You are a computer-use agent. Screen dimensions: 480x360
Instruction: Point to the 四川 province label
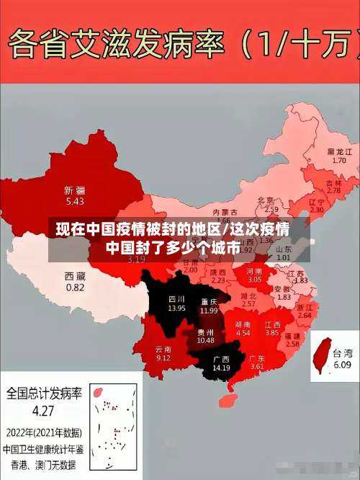click(177, 298)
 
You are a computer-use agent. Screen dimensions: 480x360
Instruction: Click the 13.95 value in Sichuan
click(177, 308)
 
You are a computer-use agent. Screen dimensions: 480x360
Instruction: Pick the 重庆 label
click(210, 301)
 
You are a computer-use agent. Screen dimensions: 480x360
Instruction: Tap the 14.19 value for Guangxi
click(221, 368)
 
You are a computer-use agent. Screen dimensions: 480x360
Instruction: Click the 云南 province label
click(163, 349)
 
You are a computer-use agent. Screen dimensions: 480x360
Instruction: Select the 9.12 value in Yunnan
click(163, 358)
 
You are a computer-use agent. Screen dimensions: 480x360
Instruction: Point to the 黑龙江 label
click(340, 151)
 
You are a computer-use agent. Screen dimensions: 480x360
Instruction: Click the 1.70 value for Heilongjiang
click(340, 161)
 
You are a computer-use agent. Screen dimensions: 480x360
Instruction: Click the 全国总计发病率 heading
click(44, 394)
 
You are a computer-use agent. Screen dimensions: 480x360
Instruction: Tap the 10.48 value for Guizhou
click(206, 340)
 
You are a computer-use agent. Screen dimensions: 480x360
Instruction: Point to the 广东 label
click(257, 358)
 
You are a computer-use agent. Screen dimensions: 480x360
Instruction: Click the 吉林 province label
click(333, 183)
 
